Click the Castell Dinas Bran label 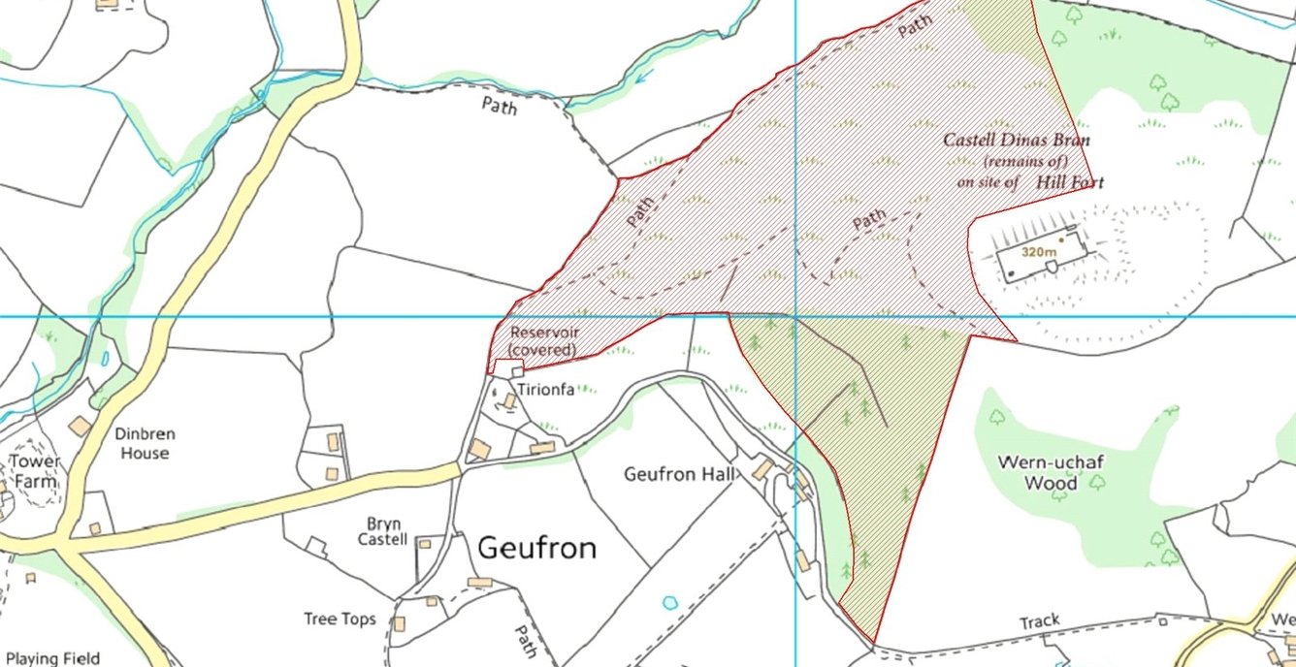pyautogui.click(x=1017, y=140)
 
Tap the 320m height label pyautogui.click(x=1038, y=251)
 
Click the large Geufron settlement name pyautogui.click(x=536, y=548)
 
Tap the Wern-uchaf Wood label pyautogui.click(x=1051, y=472)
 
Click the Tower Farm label pyautogui.click(x=35, y=469)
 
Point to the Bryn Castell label pyautogui.click(x=383, y=531)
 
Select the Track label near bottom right pyautogui.click(x=1039, y=620)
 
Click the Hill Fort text pyautogui.click(x=1069, y=181)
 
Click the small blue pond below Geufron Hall pyautogui.click(x=669, y=602)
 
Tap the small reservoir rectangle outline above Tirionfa pyautogui.click(x=508, y=368)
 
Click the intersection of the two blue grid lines pyautogui.click(x=795, y=316)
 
